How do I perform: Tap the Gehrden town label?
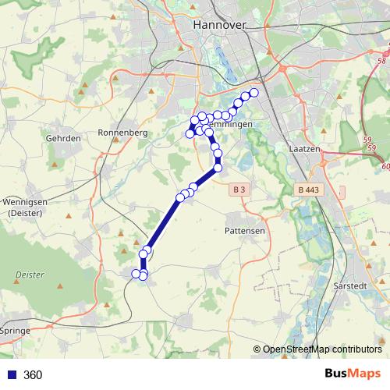[x=64, y=137]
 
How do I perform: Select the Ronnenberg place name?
[x=122, y=133]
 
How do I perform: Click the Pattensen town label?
[x=246, y=232]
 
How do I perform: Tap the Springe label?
[x=16, y=331]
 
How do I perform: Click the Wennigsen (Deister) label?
[x=27, y=207]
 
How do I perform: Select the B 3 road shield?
[x=239, y=190]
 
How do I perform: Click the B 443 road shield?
[x=309, y=190]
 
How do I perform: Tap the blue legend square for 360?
[x=10, y=374]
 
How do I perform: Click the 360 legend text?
[x=33, y=374]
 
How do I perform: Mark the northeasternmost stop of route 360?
[x=253, y=93]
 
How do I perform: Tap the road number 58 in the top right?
[x=381, y=60]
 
